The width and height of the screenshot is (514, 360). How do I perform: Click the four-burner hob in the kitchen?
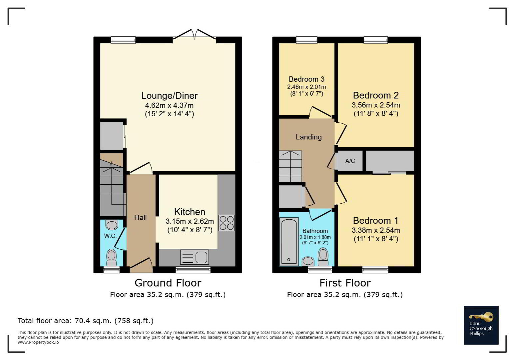click(x=227, y=223)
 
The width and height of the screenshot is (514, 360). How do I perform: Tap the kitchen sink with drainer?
click(x=194, y=257)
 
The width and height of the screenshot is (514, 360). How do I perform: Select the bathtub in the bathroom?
click(x=289, y=242)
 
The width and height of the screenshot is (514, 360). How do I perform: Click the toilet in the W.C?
click(x=112, y=258)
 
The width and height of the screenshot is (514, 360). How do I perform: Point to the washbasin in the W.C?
click(x=112, y=225)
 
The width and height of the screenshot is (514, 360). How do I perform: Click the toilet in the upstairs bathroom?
click(x=323, y=257)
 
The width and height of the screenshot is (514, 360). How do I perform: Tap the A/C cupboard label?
click(x=350, y=161)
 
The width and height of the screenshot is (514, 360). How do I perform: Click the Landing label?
click(x=308, y=137)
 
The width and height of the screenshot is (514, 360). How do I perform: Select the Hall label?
click(x=141, y=217)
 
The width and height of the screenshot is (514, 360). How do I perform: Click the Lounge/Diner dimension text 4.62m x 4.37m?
click(x=169, y=105)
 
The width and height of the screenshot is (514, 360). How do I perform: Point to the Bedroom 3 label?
click(x=306, y=79)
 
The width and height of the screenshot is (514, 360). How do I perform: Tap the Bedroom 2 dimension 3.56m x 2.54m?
click(x=376, y=105)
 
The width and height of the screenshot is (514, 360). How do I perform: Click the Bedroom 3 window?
click(x=307, y=40)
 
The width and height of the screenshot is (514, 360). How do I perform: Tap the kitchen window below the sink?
click(x=193, y=270)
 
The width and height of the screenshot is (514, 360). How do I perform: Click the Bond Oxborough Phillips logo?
click(x=481, y=325)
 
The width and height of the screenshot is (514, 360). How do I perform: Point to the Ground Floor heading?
click(x=168, y=283)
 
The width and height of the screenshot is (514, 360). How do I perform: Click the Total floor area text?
click(x=86, y=321)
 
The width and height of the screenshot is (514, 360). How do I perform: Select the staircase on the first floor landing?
click(x=290, y=166)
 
